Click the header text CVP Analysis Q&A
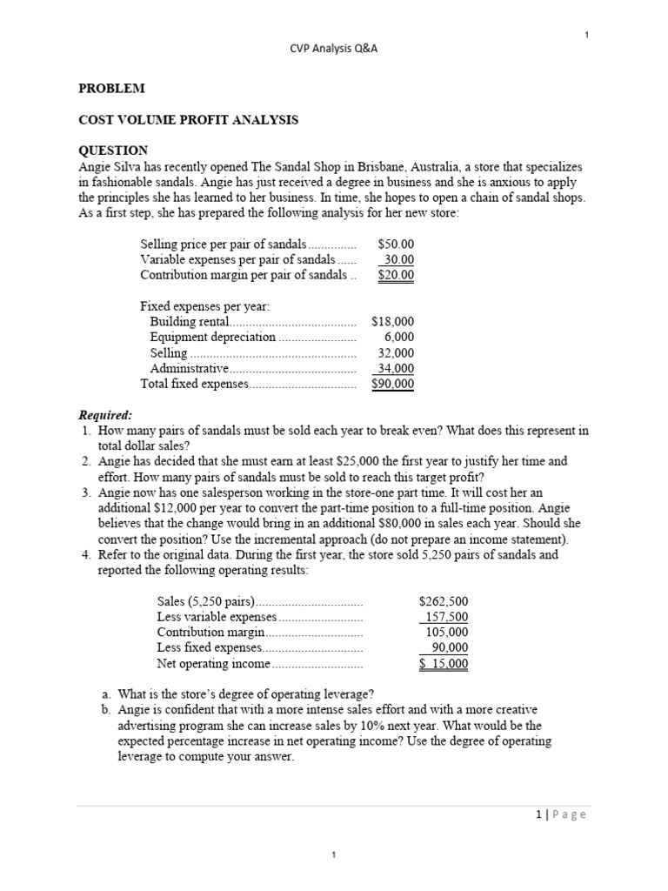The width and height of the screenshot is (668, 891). pos(333,49)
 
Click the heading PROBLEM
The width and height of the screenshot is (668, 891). pos(112,89)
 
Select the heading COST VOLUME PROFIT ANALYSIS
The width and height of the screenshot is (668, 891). pos(189,120)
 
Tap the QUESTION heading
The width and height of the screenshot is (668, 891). pos(114,151)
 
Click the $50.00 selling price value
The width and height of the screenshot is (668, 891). pos(397,245)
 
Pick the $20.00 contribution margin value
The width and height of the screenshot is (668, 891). pos(397,276)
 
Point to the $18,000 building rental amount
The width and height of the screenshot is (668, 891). pos(392,322)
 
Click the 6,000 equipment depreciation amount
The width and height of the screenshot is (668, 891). pos(399,338)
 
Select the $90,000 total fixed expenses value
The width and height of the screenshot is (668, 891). pos(392,384)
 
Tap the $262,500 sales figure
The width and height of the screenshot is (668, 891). pos(444,601)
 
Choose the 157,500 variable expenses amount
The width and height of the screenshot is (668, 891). pos(446,617)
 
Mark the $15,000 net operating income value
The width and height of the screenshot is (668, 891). pos(444,664)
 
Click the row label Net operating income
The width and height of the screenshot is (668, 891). pos(213,664)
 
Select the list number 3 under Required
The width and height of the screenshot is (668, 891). pos(86,492)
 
